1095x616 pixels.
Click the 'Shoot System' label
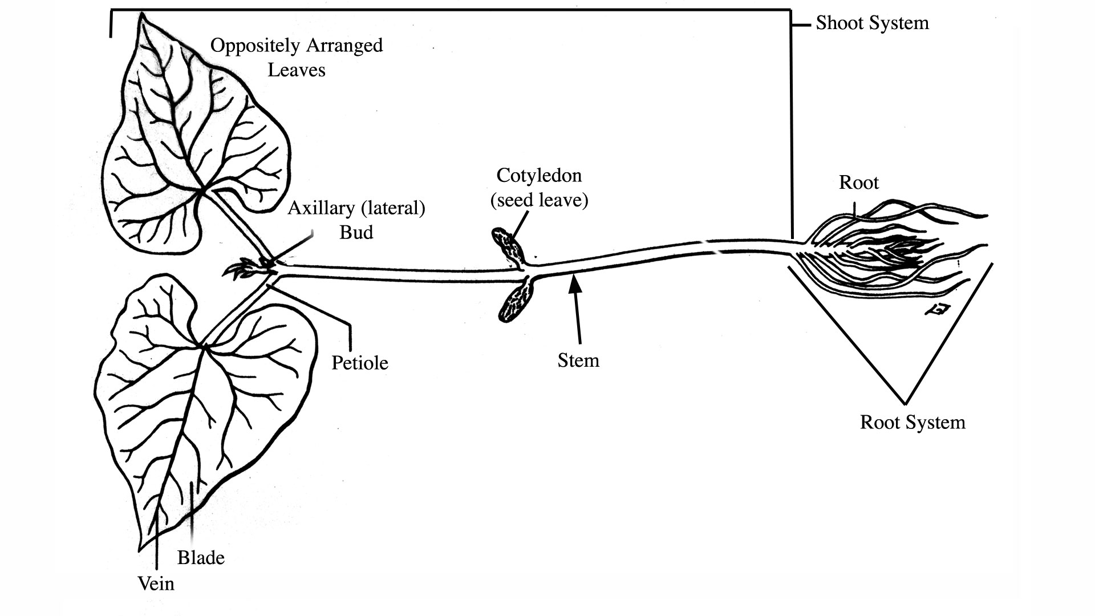click(x=872, y=23)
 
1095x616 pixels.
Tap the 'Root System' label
click(x=912, y=423)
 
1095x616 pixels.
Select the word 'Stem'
click(x=578, y=360)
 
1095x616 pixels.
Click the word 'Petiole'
click(x=360, y=363)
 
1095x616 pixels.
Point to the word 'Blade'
click(x=201, y=558)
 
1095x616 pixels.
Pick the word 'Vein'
click(x=156, y=583)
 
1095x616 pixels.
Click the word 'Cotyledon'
click(x=539, y=176)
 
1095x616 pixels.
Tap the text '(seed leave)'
click(x=539, y=200)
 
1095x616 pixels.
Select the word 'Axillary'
click(x=321, y=208)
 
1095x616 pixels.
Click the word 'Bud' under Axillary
click(x=356, y=233)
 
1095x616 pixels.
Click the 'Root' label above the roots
click(x=858, y=183)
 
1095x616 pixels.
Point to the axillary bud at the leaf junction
click(x=266, y=263)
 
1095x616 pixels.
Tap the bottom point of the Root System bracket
click(x=906, y=403)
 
